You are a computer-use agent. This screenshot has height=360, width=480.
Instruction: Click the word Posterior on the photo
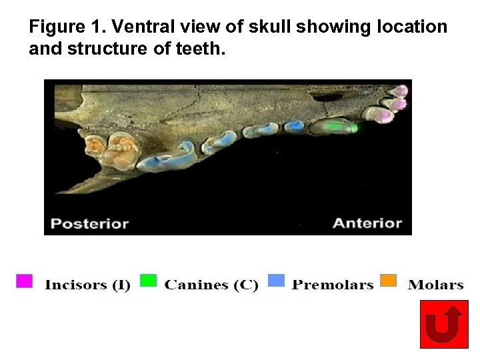pyautogui.click(x=90, y=223)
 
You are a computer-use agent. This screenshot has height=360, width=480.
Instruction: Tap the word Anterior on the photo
pyautogui.click(x=367, y=223)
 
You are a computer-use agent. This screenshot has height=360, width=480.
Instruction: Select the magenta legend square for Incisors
pyautogui.click(x=24, y=281)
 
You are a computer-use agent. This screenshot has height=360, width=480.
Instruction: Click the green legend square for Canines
pyautogui.click(x=149, y=281)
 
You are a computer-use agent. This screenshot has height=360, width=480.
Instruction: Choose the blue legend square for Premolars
pyautogui.click(x=276, y=281)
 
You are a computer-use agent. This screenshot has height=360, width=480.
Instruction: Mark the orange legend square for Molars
pyautogui.click(x=388, y=281)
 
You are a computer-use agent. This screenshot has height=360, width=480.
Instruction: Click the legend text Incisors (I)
pyautogui.click(x=87, y=285)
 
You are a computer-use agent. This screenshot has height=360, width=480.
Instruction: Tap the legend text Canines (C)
pyautogui.click(x=211, y=285)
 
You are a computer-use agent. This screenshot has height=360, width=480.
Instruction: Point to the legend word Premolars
pyautogui.click(x=333, y=285)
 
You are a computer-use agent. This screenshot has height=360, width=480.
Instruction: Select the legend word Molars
pyautogui.click(x=435, y=285)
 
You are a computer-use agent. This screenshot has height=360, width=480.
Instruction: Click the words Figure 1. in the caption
pyautogui.click(x=67, y=27)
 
